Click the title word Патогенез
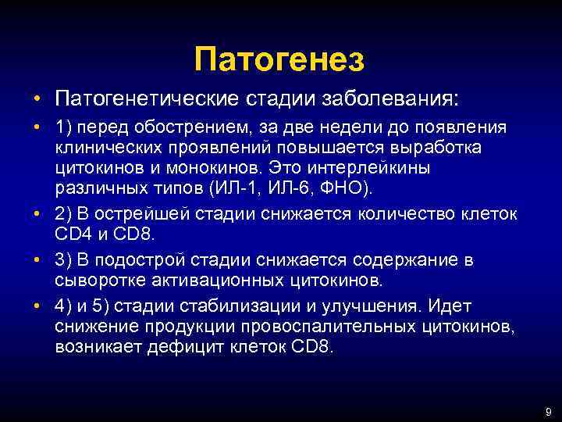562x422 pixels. [280, 59]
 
